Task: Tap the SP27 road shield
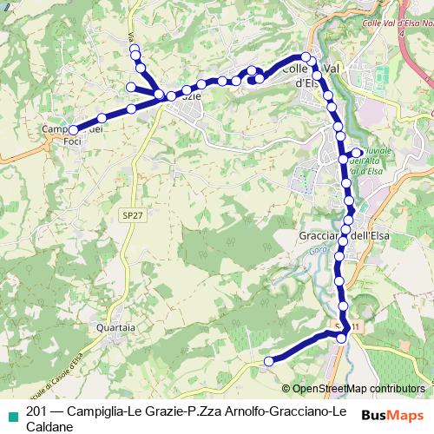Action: pos(130,212)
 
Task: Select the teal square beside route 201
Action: pos(10,411)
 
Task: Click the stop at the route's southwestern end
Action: pos(269,360)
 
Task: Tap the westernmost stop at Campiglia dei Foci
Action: pos(73,130)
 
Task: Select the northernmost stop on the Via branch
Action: pos(135,50)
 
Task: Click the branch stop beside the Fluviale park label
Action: pos(357,153)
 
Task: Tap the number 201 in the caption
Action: pos(37,411)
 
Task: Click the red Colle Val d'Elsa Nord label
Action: pos(397,24)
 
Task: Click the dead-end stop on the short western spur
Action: pos(130,87)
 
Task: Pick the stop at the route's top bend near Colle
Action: pos(306,58)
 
